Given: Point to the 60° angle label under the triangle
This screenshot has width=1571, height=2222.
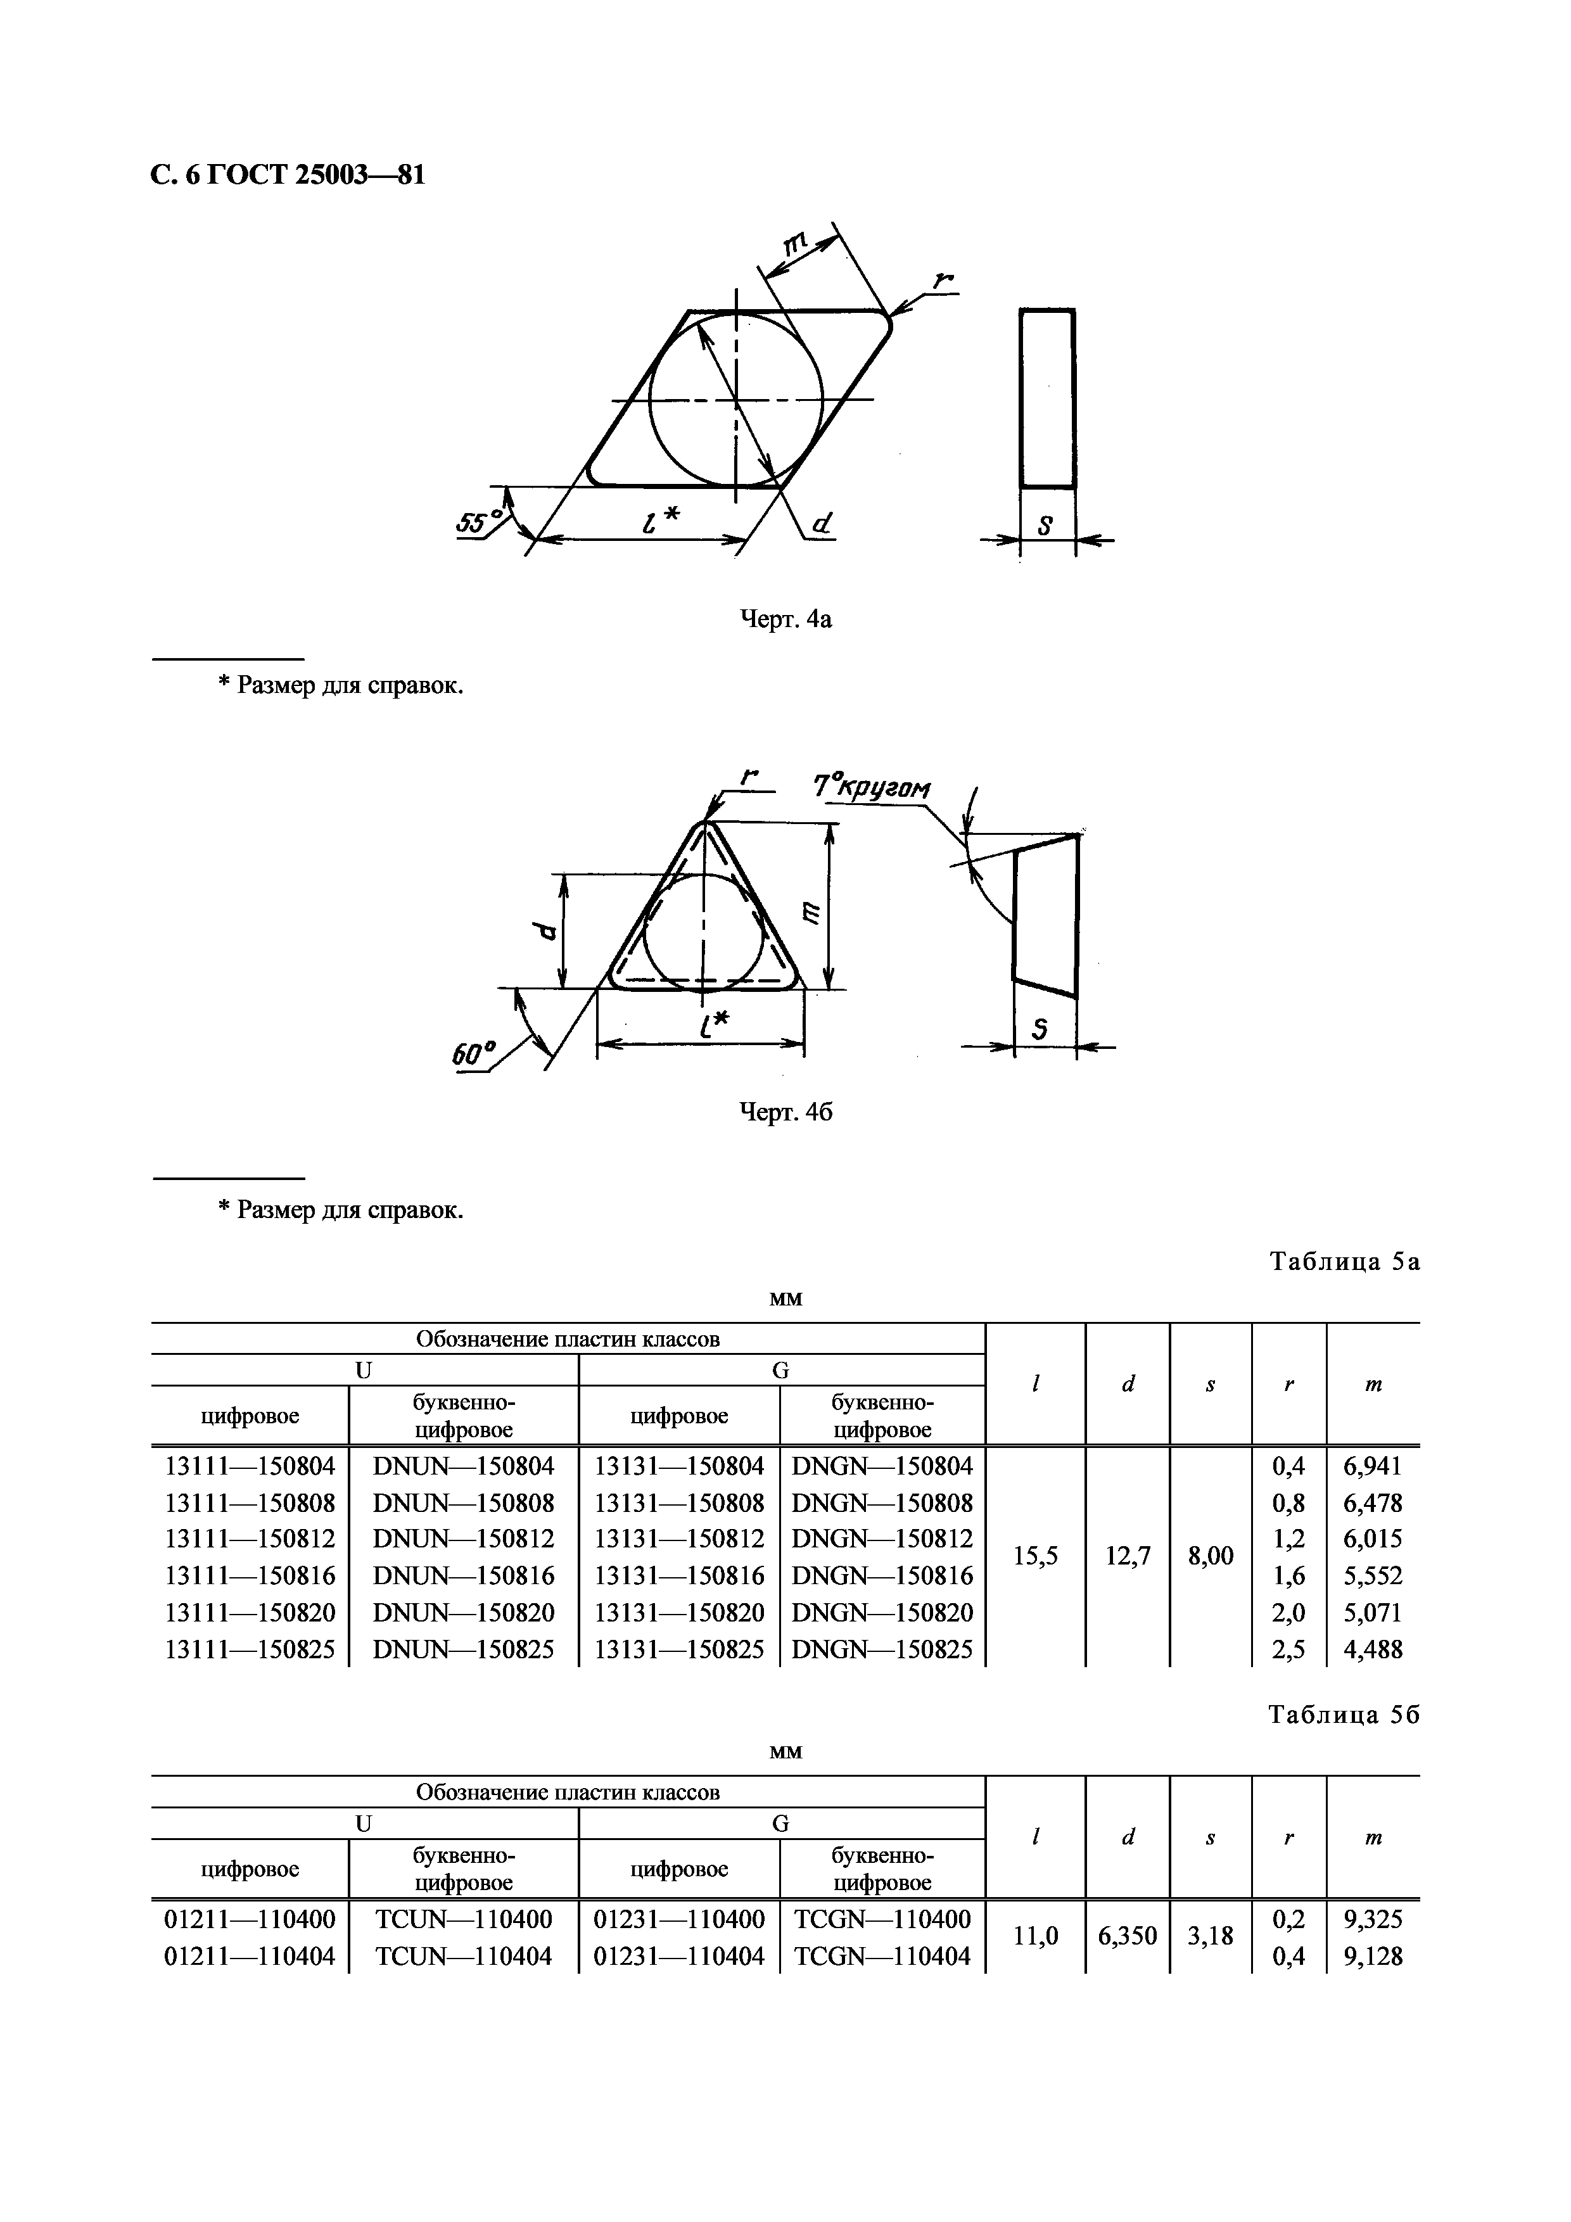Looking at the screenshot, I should [x=473, y=1054].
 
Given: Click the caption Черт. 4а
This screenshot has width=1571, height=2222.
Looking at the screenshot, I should [x=785, y=618].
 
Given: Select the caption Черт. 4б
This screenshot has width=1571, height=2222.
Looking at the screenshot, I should [x=785, y=1112].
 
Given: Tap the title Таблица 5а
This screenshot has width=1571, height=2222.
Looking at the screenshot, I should [x=1344, y=1261].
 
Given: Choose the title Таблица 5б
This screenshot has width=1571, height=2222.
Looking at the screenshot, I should [x=1344, y=1714].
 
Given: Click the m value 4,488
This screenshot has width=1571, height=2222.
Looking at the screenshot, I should [x=1371, y=1649].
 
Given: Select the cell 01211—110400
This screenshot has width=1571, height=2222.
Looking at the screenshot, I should [x=250, y=1919].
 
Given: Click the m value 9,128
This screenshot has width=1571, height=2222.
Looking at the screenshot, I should [x=1371, y=1956].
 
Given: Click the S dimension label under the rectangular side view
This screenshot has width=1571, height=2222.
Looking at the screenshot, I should [x=1045, y=526].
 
